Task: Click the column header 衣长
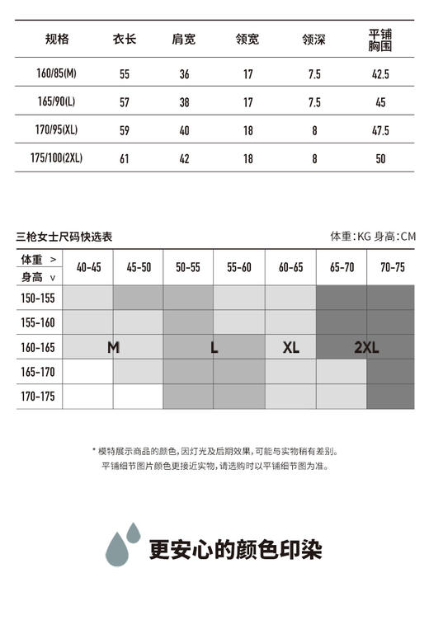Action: click(125, 39)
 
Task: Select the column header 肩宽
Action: click(184, 39)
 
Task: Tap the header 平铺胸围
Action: click(379, 39)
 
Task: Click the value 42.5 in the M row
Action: click(380, 74)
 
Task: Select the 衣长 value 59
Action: click(125, 131)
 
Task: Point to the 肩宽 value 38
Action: click(184, 103)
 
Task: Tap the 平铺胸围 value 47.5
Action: click(380, 131)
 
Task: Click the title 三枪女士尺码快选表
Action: click(64, 237)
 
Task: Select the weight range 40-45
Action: click(88, 267)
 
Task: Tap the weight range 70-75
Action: click(392, 267)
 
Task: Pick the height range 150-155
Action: click(38, 298)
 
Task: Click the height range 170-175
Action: click(38, 397)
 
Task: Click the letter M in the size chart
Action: click(113, 348)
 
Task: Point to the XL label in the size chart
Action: click(291, 348)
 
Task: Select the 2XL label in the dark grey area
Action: click(366, 348)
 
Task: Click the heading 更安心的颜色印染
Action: click(235, 550)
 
